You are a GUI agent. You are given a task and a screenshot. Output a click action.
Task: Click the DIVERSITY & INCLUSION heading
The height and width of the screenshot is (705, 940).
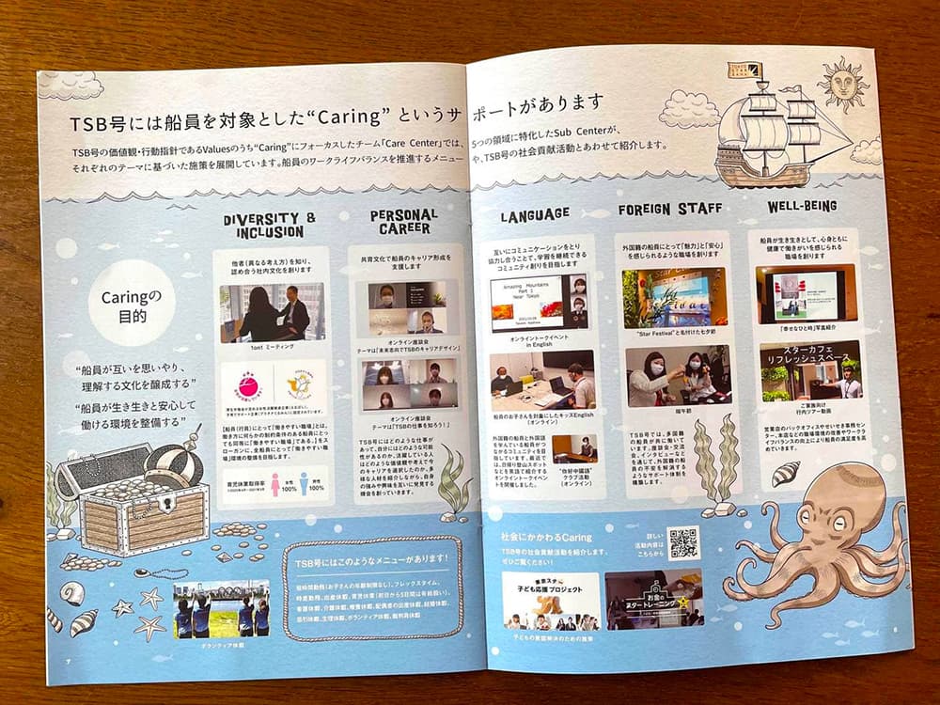pyautogui.click(x=262, y=226)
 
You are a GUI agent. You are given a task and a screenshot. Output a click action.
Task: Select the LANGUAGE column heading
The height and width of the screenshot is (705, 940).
pyautogui.click(x=535, y=214)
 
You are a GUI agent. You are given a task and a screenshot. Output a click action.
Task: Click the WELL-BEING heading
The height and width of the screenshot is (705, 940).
pyautogui.click(x=802, y=206)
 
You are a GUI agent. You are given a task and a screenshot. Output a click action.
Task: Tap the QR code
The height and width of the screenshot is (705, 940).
pyautogui.click(x=683, y=542)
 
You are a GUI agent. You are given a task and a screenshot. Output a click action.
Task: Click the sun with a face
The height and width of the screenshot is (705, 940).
pyautogui.click(x=842, y=84)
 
